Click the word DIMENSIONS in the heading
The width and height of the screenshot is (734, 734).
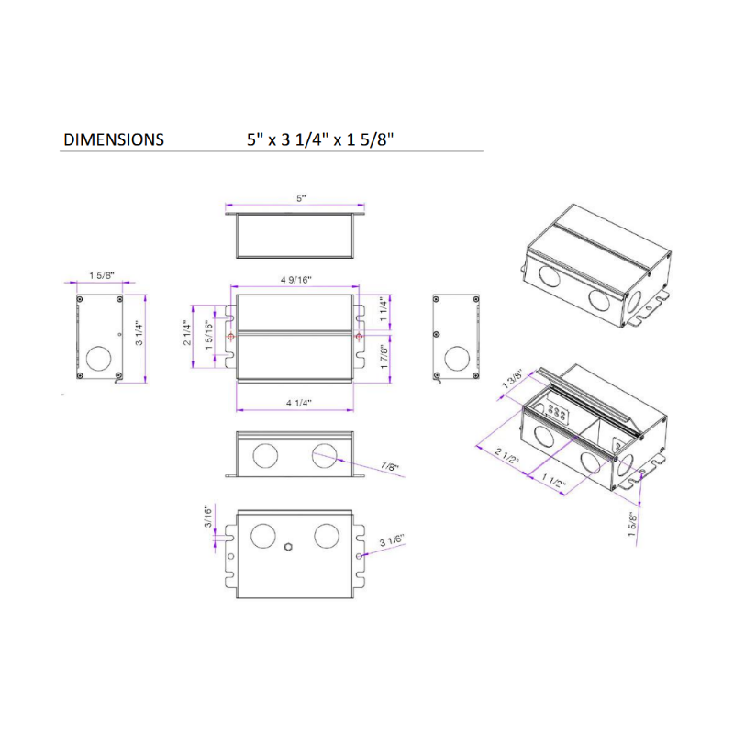pos(114,139)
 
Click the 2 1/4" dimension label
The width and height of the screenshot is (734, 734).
pos(187,336)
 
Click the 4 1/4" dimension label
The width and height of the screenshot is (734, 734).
pos(296,403)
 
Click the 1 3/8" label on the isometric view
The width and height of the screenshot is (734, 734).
pos(512,380)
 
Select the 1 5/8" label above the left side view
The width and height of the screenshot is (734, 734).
pos(101,275)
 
